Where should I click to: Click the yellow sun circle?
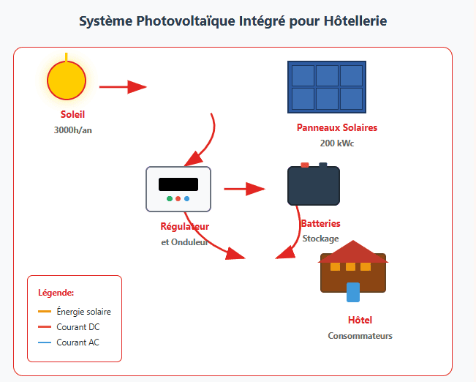pos(67,80)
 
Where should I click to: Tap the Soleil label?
pos(72,115)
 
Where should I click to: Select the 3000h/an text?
pos(73,130)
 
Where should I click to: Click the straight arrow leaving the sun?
pos(123,87)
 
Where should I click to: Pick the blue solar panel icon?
pos(327,87)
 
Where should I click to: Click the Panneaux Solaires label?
pos(337,127)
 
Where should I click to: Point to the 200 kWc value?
pos(337,143)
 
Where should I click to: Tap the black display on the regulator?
pos(178,184)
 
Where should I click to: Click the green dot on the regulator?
pos(170,199)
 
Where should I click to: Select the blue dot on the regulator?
pos(186,199)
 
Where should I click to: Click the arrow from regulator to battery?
pos(244,189)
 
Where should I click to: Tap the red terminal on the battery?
pos(305,165)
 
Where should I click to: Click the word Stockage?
pos(320,239)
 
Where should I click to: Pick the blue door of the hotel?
pos(353,292)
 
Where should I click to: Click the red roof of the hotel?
pos(353,252)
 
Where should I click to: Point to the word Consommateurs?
pos(360,336)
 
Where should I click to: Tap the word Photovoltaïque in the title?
pos(186,21)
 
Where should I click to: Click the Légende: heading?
pos(56,293)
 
